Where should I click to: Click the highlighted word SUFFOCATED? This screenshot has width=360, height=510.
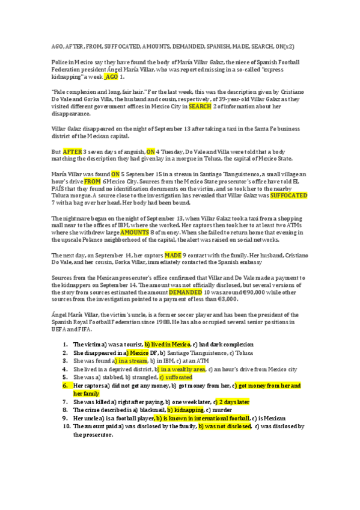pyautogui.click(x=289, y=195)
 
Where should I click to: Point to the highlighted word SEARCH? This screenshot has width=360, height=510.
pyautogui.click(x=200, y=106)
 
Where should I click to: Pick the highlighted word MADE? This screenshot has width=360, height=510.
pyautogui.click(x=173, y=255)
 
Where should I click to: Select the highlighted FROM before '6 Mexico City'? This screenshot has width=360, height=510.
pyautogui.click(x=92, y=181)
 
